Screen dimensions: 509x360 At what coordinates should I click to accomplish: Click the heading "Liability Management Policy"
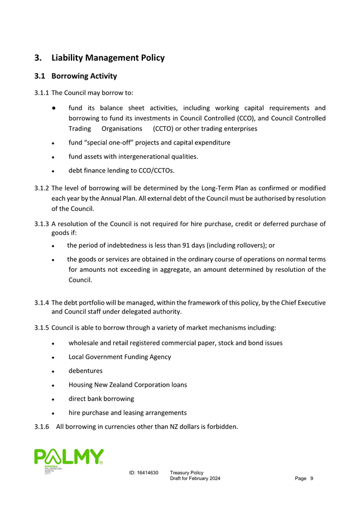[108, 57]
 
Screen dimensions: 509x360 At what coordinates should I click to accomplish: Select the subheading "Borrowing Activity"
[84, 76]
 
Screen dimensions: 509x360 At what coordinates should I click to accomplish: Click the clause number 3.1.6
[41, 428]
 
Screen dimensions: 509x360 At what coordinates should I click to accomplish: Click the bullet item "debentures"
[85, 371]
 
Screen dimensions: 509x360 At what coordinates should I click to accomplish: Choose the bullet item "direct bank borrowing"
[101, 398]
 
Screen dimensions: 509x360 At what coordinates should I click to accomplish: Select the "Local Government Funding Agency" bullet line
[119, 357]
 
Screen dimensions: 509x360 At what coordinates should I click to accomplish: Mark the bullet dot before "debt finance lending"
[52, 171]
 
